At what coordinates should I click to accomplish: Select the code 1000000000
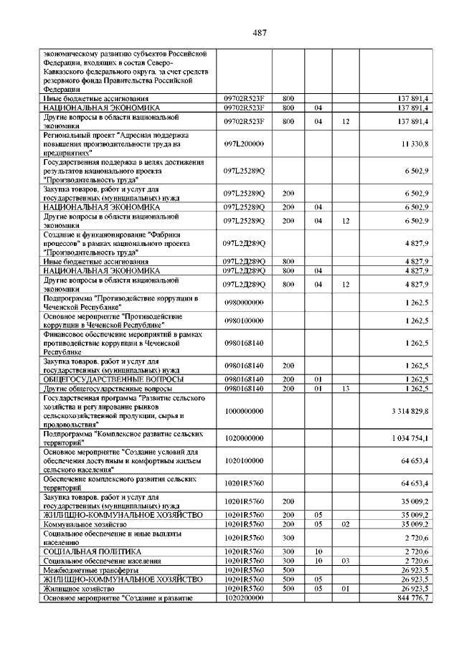pos(244,409)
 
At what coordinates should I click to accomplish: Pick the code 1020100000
pos(244,460)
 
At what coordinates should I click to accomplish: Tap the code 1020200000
pos(244,597)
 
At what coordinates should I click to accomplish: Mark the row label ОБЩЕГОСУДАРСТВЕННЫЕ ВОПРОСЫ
pos(113,379)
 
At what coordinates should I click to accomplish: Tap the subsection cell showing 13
pos(345,388)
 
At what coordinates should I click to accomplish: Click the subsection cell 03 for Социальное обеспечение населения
pos(345,560)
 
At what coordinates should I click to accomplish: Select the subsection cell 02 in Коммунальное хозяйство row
pos(345,524)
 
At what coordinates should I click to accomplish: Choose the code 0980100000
pos(244,320)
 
